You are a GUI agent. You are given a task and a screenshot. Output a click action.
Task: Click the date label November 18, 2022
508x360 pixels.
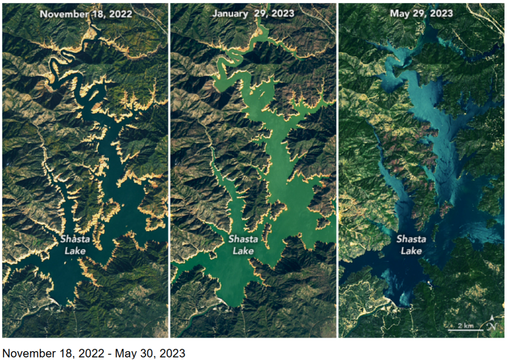(86, 14)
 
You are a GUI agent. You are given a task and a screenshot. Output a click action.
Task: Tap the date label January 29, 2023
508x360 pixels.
(254, 14)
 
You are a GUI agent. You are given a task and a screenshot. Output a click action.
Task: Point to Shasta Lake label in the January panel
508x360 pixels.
(243, 245)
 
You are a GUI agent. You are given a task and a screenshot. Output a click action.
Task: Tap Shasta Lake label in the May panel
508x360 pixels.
(411, 245)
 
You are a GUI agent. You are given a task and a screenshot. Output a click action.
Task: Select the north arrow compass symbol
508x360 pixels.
(491, 324)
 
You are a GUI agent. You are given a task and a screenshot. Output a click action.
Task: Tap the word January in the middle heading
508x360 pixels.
(230, 14)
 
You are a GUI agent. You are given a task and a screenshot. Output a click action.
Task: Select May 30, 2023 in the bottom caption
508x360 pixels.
(150, 354)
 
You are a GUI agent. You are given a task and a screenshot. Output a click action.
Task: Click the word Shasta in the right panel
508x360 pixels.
(411, 239)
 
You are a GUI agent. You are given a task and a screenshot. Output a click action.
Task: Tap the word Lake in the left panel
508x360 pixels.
(75, 251)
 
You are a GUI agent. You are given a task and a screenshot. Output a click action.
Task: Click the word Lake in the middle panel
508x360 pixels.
(243, 251)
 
